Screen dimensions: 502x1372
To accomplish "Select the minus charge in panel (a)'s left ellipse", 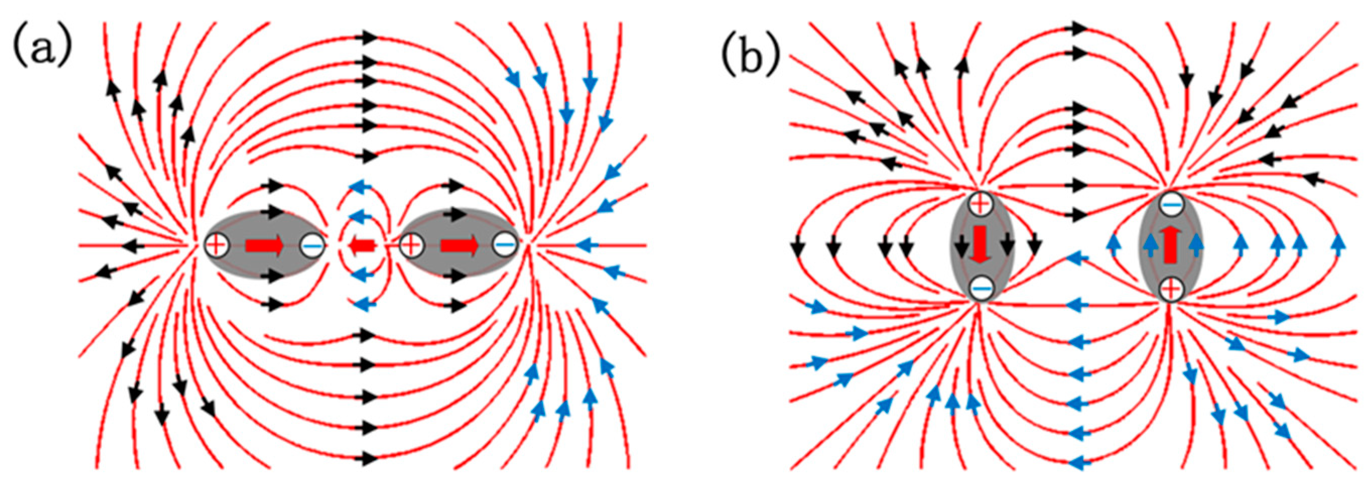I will coord(312,245).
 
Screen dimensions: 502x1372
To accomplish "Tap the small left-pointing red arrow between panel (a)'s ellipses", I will coord(362,245).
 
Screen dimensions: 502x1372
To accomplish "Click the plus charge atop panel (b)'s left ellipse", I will coord(980,203).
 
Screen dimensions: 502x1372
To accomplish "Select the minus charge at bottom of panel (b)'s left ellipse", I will coord(980,288).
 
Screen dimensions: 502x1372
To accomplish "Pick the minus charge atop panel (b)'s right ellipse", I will coord(1171,204).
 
